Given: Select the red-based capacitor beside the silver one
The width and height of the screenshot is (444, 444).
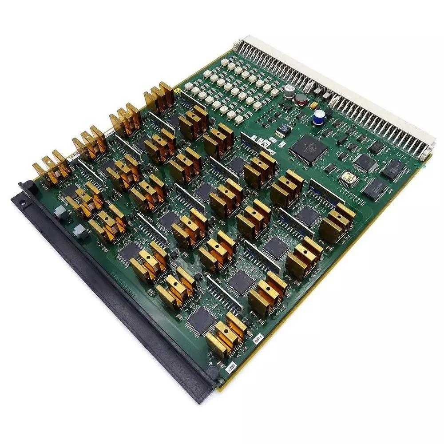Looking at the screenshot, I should [301, 98].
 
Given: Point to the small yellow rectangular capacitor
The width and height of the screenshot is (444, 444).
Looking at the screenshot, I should [314, 105].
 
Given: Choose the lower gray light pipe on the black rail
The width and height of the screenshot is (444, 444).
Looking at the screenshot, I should [79, 230].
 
